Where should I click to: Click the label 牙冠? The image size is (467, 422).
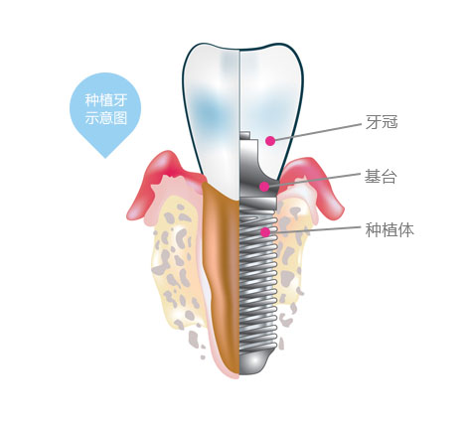coord(382,122)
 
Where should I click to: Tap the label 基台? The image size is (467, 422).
coord(381,177)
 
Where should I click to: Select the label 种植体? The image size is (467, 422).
coord(389,229)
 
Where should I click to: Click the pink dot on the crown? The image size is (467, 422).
coord(270,141)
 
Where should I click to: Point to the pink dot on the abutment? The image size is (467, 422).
coord(264,187)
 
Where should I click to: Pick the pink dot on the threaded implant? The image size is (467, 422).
coord(265,232)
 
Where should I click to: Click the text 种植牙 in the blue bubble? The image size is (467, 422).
coord(106,100)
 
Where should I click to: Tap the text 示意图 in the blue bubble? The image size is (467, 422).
coord(106,118)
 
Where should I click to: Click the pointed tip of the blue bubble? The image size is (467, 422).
coord(105,158)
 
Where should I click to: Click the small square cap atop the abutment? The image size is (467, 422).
coord(244,135)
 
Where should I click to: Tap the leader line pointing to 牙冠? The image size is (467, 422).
coord(318,132)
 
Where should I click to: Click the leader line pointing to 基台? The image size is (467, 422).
coord(315,180)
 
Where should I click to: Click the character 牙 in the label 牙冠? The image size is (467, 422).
coord(374,122)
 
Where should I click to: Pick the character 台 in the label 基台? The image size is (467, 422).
coord(389,177)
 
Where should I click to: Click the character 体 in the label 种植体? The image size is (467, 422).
coord(406,229)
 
